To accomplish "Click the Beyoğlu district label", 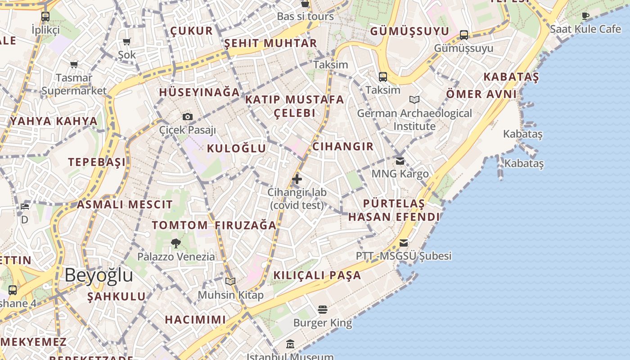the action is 99,275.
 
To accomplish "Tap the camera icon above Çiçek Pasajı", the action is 188,117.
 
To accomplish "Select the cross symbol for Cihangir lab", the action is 297,179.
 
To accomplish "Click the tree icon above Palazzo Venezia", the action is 176,243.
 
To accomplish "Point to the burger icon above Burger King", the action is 322,309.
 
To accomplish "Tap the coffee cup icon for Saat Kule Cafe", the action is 585,16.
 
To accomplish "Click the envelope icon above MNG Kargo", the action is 400,161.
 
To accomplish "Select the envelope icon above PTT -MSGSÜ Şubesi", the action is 404,243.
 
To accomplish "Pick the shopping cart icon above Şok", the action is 127,42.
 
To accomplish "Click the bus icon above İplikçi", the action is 45,17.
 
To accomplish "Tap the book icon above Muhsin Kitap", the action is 230,282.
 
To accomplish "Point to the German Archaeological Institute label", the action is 414,119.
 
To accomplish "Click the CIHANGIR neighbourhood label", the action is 343,146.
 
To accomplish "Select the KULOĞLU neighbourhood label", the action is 236,148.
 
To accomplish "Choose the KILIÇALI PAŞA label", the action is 317,275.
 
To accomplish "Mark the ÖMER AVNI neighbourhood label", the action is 481,94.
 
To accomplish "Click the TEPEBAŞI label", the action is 97,162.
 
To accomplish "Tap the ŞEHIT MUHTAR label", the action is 270,43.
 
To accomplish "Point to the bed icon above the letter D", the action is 25,207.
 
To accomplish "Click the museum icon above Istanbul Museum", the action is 290,344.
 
